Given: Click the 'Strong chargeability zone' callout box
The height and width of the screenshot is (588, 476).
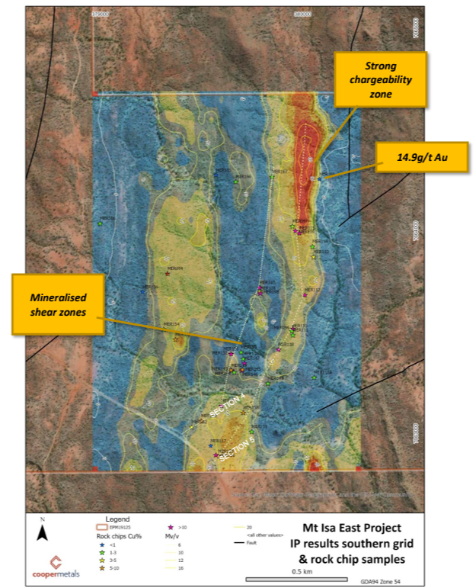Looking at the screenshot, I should [x=382, y=79].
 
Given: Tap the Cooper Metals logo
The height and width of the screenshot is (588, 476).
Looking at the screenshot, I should [x=51, y=565].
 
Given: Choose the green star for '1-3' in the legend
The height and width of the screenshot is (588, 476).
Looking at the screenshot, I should [x=102, y=553].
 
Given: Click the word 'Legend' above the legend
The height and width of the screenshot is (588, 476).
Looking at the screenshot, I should [x=117, y=519].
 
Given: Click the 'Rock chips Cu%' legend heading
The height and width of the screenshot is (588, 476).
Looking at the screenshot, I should [x=112, y=535].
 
